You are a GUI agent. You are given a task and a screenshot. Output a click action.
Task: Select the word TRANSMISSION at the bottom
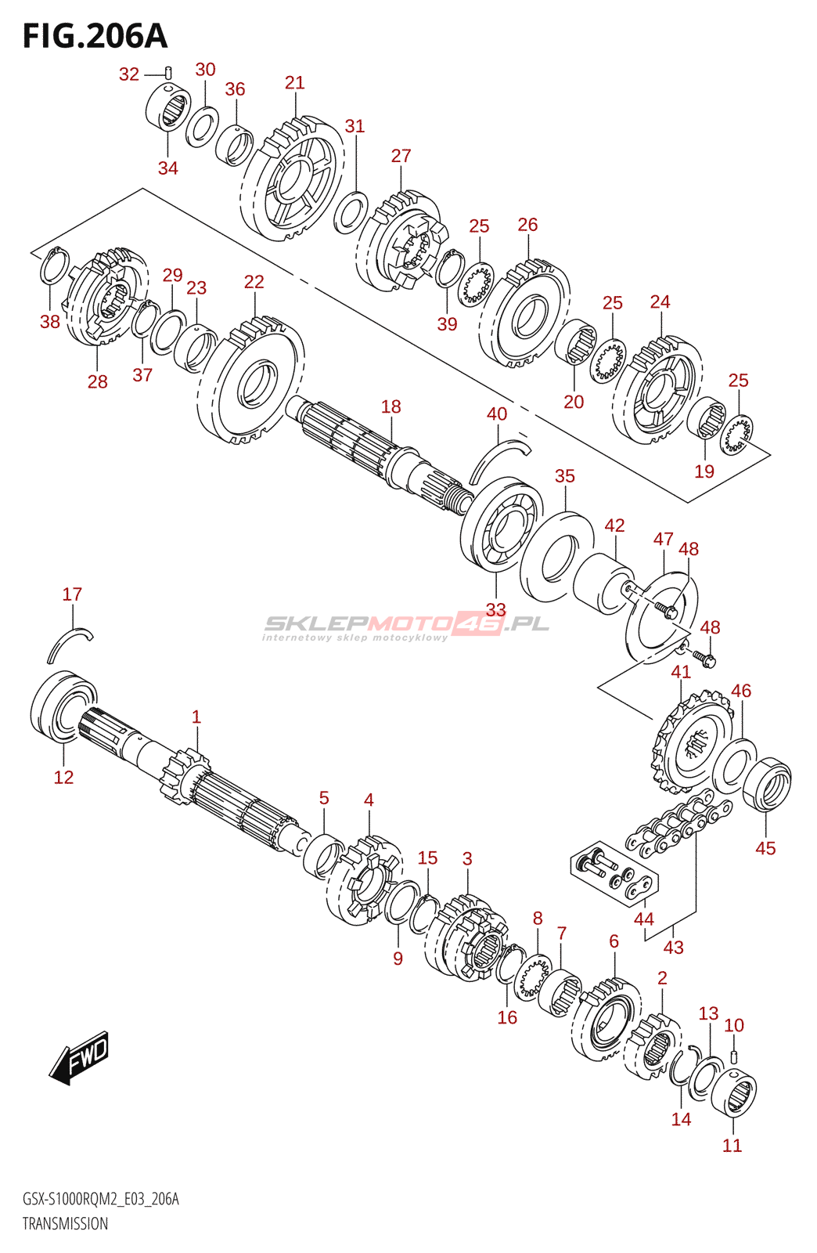coord(66,1223)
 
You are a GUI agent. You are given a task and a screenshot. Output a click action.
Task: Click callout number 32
coord(129,74)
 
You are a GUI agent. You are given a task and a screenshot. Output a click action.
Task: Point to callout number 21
coord(294,83)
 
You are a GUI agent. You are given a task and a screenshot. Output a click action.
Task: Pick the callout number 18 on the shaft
coord(391,406)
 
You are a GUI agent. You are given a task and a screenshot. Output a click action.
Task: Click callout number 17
coord(72,594)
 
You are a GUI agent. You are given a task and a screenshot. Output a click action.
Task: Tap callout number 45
coord(765,848)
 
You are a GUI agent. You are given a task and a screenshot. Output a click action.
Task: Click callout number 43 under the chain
coord(673,947)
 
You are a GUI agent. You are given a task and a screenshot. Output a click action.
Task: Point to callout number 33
coord(495,609)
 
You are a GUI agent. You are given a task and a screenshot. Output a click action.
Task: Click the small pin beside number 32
coord(168,74)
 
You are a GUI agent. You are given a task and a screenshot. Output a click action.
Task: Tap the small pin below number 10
coord(734,1056)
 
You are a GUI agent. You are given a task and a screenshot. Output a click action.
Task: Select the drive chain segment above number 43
coord(678,821)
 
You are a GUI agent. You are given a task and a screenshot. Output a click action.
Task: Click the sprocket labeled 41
coord(692,742)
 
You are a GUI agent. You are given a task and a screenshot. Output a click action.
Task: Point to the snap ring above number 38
coord(55,265)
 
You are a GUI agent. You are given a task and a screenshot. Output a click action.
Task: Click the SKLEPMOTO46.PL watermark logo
coord(406,624)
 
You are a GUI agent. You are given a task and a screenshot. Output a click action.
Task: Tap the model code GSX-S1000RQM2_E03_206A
coord(101,1199)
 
